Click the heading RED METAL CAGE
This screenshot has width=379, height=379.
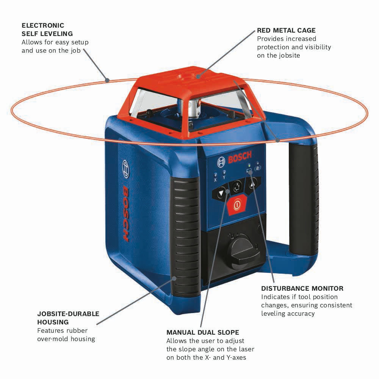[x=286, y=30]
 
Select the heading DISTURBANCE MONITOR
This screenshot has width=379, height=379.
[x=302, y=288]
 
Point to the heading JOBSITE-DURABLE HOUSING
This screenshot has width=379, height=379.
[x=68, y=318]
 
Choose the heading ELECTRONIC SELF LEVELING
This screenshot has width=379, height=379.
[x=48, y=30]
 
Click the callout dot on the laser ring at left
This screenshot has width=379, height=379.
[x=108, y=80]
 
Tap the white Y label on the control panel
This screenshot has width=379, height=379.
[x=224, y=177]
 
